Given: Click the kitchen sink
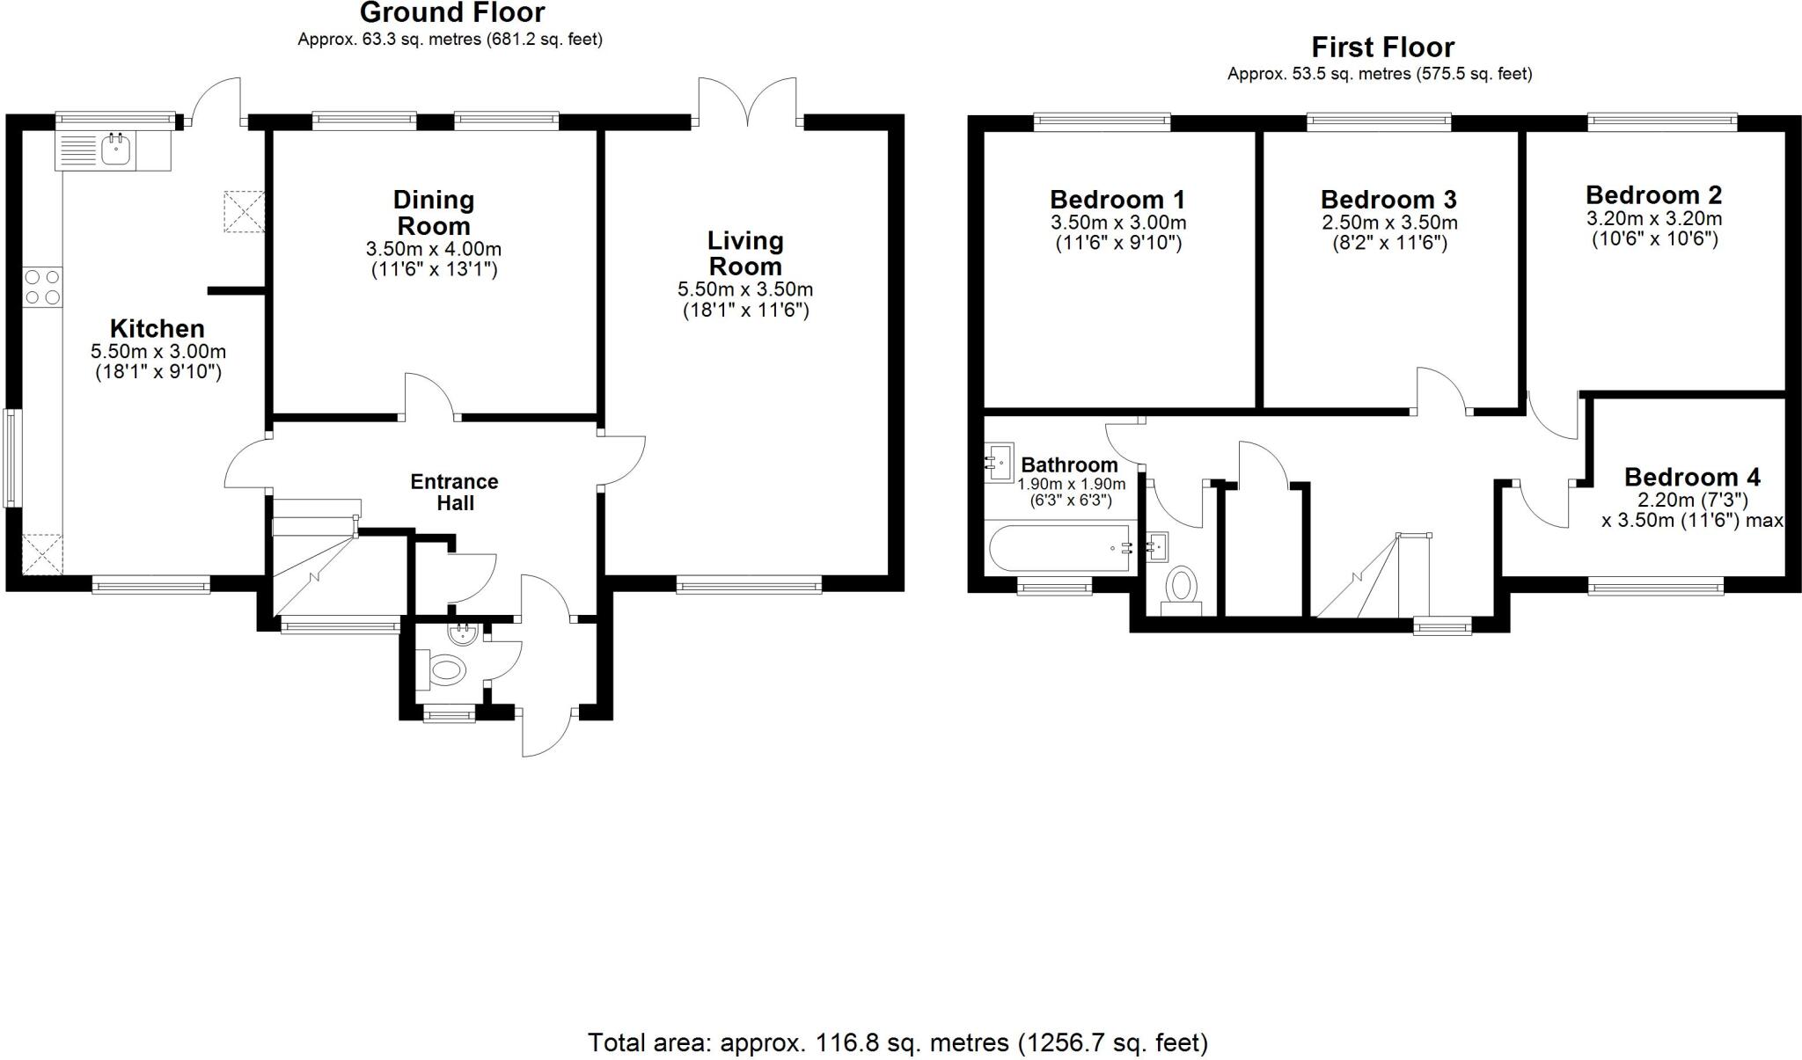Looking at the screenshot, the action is [x=115, y=150].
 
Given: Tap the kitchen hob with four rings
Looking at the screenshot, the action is [x=43, y=287].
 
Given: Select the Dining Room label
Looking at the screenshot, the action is [x=434, y=212].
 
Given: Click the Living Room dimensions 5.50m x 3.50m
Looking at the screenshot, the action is [x=745, y=289].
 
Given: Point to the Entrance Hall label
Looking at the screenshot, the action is [x=454, y=493].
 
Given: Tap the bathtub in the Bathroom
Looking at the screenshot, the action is [x=1059, y=549].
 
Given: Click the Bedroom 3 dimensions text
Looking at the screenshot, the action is [x=1389, y=233].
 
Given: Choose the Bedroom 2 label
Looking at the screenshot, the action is [x=1654, y=195].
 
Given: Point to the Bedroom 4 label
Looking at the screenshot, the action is [x=1692, y=478].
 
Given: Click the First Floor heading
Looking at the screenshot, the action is [x=1383, y=47].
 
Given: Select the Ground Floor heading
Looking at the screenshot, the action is [x=452, y=12].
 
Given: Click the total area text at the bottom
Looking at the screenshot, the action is [x=897, y=1042].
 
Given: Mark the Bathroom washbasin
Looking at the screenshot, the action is [x=1000, y=463].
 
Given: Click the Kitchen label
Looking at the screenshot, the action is [x=157, y=329].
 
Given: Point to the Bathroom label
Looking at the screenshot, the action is [x=1069, y=465].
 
